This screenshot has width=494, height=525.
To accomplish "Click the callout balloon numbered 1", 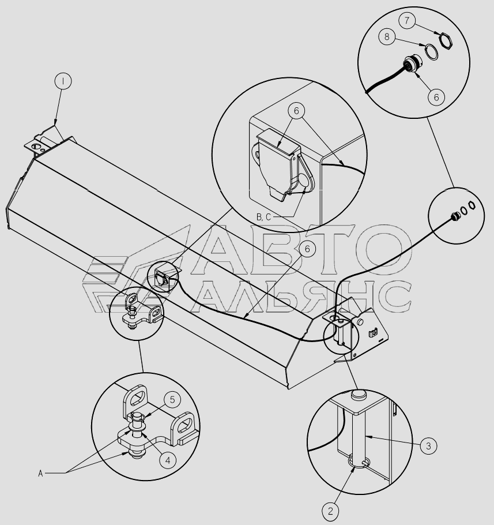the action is (x=63, y=81).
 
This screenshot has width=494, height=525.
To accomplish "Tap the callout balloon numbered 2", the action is (x=330, y=511).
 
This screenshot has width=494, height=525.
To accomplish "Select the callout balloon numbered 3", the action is (x=428, y=445).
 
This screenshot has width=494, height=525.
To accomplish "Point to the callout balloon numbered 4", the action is (x=168, y=460).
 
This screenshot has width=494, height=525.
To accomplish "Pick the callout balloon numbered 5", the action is (x=172, y=399).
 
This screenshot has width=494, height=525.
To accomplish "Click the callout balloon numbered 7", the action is (x=407, y=21).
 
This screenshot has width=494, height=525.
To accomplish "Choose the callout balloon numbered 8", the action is (x=387, y=36).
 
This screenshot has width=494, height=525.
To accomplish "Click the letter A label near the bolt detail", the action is (x=40, y=474).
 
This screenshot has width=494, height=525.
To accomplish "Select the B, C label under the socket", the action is (x=263, y=217).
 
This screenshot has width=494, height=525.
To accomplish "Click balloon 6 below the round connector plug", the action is (x=436, y=97).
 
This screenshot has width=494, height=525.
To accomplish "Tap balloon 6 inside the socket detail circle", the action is (x=296, y=110).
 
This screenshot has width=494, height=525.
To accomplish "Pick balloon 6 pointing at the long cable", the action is (x=307, y=249).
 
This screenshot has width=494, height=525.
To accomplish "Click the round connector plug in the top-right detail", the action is (x=412, y=63).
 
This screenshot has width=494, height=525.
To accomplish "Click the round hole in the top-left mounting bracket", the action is (x=35, y=146).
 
